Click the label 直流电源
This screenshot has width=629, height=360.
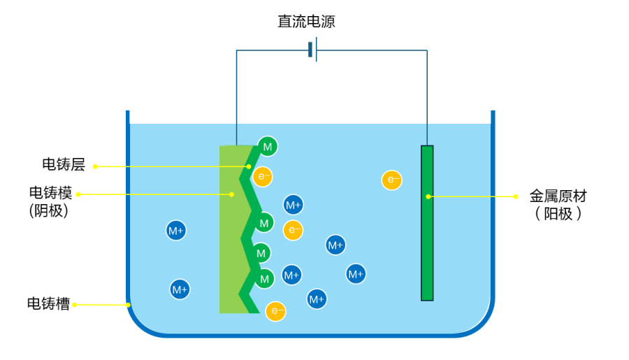point(306,22)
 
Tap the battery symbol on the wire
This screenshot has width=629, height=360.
point(312,50)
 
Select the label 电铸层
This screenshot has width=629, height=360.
point(64,165)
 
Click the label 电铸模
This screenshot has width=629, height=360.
point(50,192)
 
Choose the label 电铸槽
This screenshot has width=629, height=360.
point(48,304)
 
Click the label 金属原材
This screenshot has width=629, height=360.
point(558,196)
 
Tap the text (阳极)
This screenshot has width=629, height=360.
point(558,215)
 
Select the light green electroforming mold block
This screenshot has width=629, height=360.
point(229,231)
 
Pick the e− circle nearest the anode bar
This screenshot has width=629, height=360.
point(391,180)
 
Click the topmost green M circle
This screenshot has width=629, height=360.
point(267,146)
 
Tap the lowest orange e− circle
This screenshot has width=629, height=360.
point(276,311)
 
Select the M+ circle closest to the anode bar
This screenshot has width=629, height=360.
point(356,273)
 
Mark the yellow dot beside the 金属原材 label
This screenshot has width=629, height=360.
point(516,196)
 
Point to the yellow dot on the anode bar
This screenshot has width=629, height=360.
point(428,196)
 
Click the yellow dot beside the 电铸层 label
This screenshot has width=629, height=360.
point(95,166)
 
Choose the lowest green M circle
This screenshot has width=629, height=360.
point(263,279)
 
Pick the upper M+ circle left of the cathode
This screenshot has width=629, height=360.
point(175,230)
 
